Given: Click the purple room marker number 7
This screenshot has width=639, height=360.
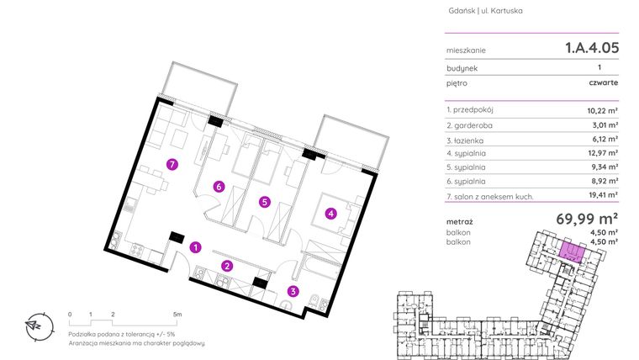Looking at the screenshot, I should (172, 165).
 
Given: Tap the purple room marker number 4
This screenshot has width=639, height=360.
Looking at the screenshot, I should (331, 214).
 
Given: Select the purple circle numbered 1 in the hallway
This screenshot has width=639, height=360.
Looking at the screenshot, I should (194, 247).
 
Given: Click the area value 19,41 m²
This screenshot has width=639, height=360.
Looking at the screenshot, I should (602, 195).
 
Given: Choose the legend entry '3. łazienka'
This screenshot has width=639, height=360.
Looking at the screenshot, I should (468, 140).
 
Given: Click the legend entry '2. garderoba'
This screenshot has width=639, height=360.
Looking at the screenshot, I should (472, 125).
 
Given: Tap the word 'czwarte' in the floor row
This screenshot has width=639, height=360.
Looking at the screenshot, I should (604, 83).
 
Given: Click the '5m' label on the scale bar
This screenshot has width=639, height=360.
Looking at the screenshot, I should (177, 313).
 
